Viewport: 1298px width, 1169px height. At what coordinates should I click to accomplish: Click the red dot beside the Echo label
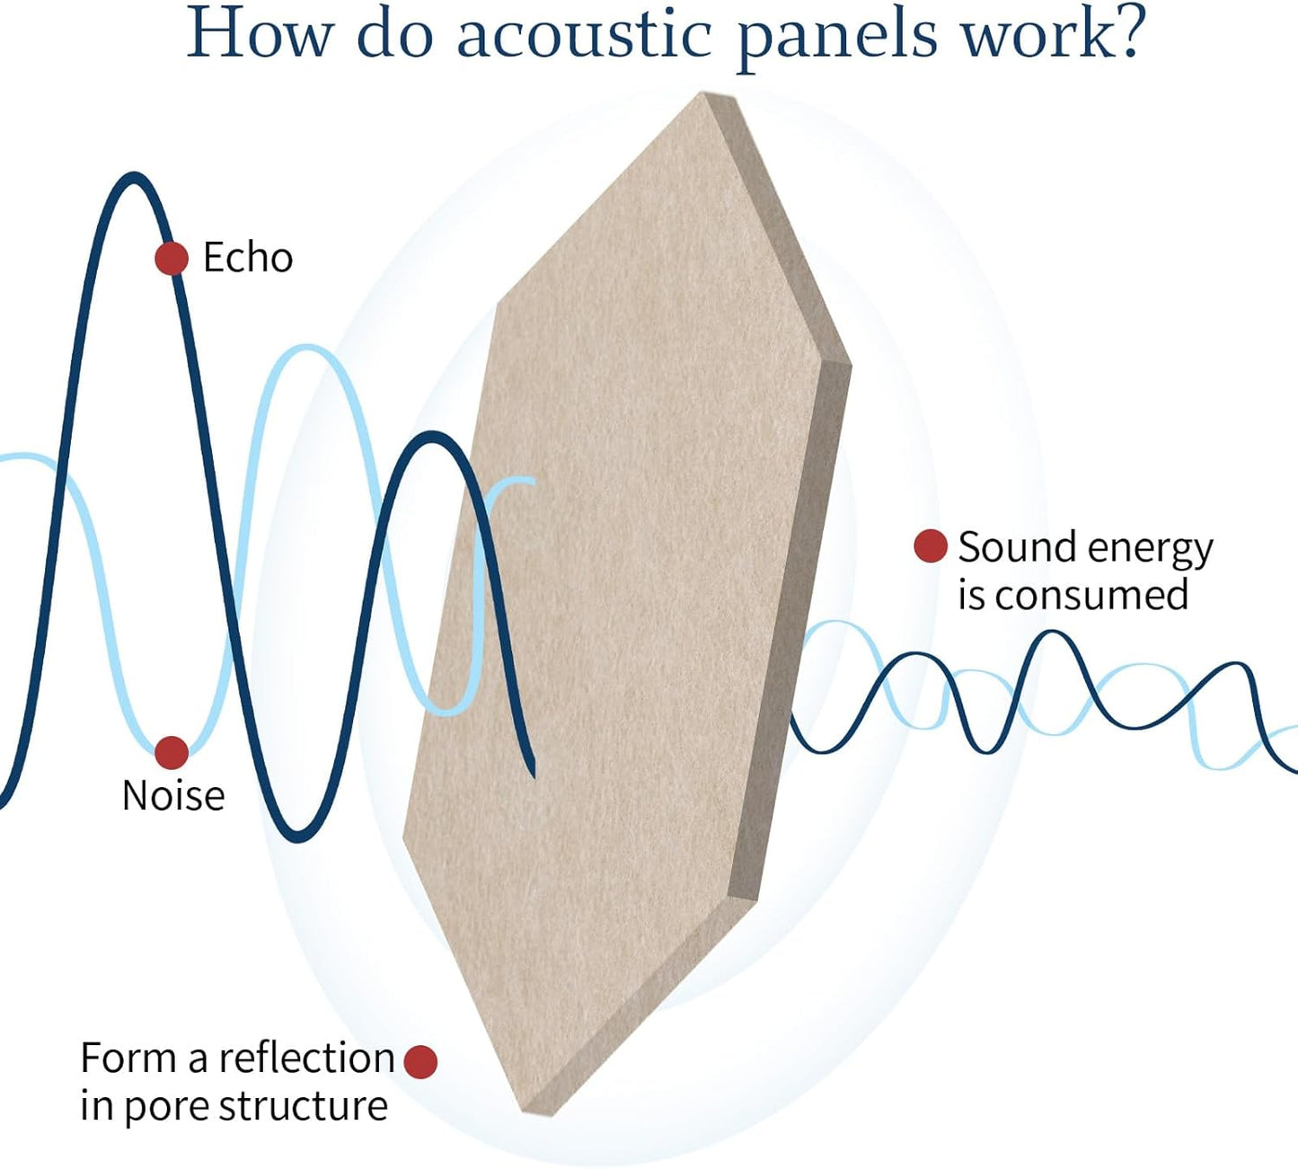[172, 259]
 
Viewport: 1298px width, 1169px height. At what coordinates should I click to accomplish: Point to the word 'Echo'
[248, 258]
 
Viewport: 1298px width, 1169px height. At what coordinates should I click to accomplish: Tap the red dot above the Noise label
[172, 753]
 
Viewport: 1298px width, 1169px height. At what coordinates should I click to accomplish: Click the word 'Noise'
[173, 796]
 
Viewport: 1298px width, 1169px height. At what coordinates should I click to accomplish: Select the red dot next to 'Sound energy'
[931, 545]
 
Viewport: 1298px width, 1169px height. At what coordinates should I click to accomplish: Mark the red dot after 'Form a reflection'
[420, 1061]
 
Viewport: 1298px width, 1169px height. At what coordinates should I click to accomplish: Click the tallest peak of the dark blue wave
[135, 178]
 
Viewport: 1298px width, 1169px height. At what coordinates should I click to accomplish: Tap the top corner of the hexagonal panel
[706, 95]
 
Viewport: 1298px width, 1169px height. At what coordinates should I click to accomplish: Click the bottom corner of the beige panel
[530, 1112]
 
